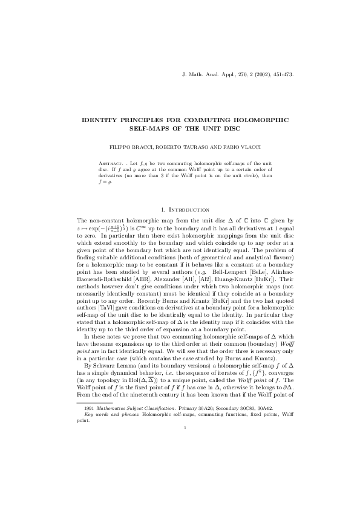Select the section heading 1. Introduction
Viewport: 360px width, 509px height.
coord(180,209)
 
